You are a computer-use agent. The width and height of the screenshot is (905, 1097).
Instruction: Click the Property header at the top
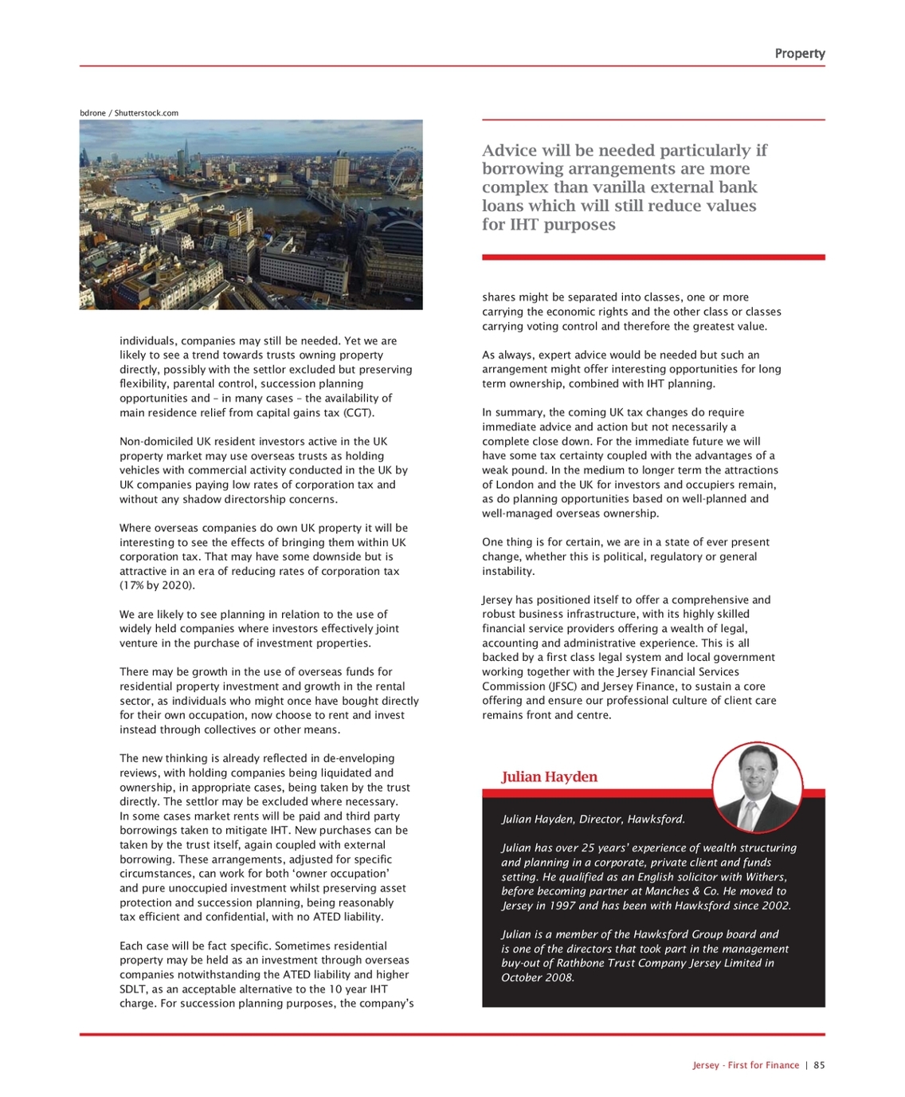[799, 53]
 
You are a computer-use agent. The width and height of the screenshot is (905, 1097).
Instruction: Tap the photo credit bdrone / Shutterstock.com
[129, 113]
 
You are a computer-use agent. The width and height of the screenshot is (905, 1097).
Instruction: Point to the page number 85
[819, 1065]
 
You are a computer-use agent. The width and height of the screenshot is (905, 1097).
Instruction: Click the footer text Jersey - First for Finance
[746, 1065]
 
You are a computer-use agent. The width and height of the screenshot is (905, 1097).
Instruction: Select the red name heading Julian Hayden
[549, 777]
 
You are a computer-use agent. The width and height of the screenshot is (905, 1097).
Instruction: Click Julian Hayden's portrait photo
[756, 787]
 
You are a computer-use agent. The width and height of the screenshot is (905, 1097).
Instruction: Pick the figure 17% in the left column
[133, 585]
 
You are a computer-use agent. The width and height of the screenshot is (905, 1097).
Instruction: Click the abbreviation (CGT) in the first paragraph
[358, 412]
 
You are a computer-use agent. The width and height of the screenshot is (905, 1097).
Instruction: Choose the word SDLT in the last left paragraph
[133, 989]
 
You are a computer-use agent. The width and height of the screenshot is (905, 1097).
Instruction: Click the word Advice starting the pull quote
[509, 151]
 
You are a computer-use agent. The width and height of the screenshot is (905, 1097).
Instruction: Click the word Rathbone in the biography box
[606, 963]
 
